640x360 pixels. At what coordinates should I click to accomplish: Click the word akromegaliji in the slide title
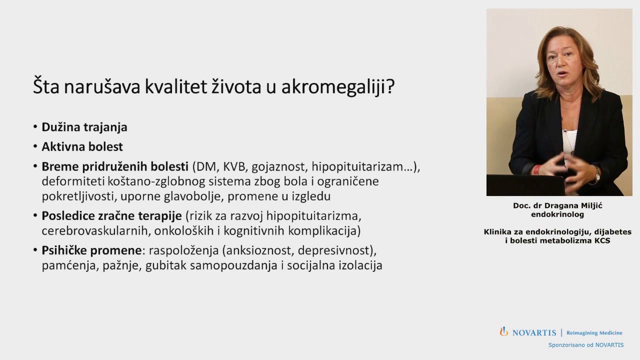[x=337, y=87]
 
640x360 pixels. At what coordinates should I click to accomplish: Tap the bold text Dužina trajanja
[x=84, y=127]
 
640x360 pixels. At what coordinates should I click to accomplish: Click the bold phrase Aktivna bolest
[x=82, y=146]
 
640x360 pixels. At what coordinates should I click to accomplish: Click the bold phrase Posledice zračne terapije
[x=111, y=216]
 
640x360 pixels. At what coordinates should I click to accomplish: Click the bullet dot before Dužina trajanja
[x=35, y=127]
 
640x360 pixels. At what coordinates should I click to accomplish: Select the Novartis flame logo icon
[x=504, y=331]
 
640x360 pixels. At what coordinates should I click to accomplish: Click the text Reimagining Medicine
[x=594, y=333]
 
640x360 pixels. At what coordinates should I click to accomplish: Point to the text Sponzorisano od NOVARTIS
[x=586, y=345]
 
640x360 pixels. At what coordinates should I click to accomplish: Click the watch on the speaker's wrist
[x=597, y=174]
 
